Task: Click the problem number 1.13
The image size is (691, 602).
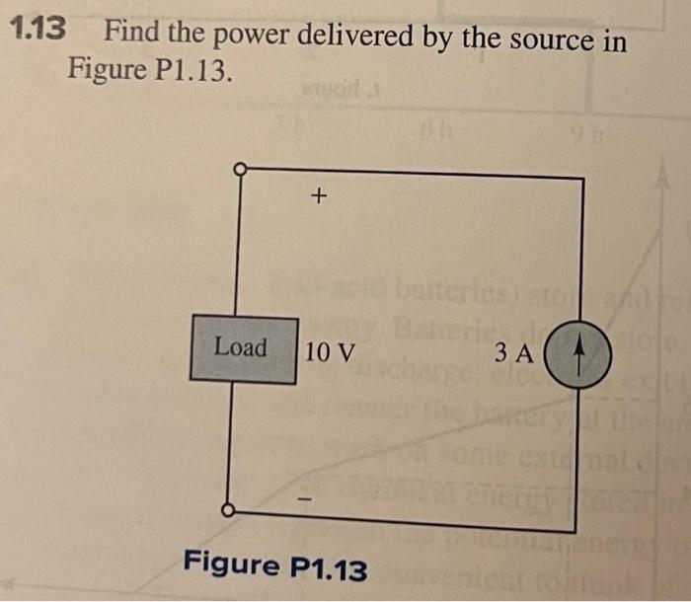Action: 38,30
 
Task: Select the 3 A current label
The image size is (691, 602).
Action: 514,352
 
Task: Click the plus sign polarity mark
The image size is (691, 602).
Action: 317,197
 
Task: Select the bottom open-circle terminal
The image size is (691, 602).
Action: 229,510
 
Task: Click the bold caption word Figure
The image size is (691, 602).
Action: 231,565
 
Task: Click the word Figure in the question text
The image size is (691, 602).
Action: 101,70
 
